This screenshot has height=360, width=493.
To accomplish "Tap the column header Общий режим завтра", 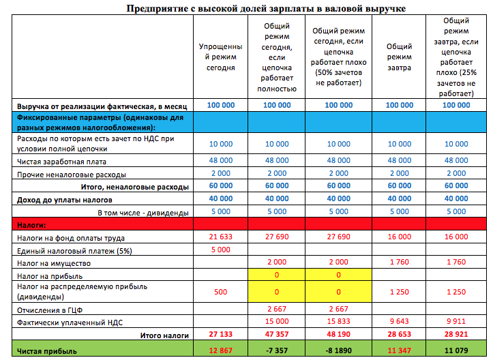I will [x=399, y=57].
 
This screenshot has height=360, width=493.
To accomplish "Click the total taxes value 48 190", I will [x=338, y=335].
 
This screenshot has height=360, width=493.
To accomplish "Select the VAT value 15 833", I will [x=338, y=322].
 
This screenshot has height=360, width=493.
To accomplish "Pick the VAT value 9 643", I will [x=399, y=322].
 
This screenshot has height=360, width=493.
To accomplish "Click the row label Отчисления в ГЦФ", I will [x=45, y=309].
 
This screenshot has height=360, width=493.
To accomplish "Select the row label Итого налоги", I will [x=164, y=335].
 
